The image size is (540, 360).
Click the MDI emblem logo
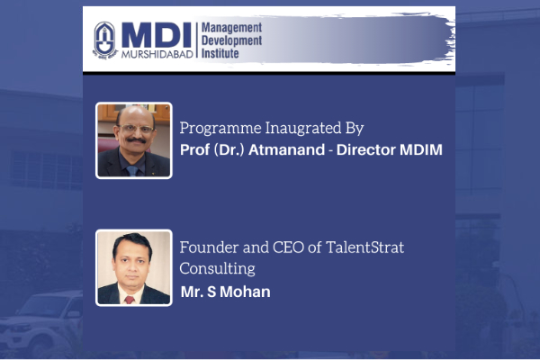click(105, 40)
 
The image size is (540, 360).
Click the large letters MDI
click(157, 35)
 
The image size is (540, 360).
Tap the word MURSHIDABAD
click(157, 54)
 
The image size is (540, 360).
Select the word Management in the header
click(231, 28)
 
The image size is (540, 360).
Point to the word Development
click(231, 40)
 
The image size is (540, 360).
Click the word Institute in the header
click(220, 53)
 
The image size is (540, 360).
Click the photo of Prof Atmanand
click(134, 140)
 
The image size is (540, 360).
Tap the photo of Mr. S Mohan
click(134, 267)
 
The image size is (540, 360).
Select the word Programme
click(220, 129)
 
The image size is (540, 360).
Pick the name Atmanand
click(286, 150)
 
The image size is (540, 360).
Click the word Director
click(366, 150)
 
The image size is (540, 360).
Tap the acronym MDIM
click(421, 150)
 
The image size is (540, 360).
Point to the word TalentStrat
click(364, 247)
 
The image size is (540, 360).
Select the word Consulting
click(217, 269)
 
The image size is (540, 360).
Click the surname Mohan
click(245, 292)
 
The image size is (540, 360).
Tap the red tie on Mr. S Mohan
click(130, 299)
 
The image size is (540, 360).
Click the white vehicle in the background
click(41, 324)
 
